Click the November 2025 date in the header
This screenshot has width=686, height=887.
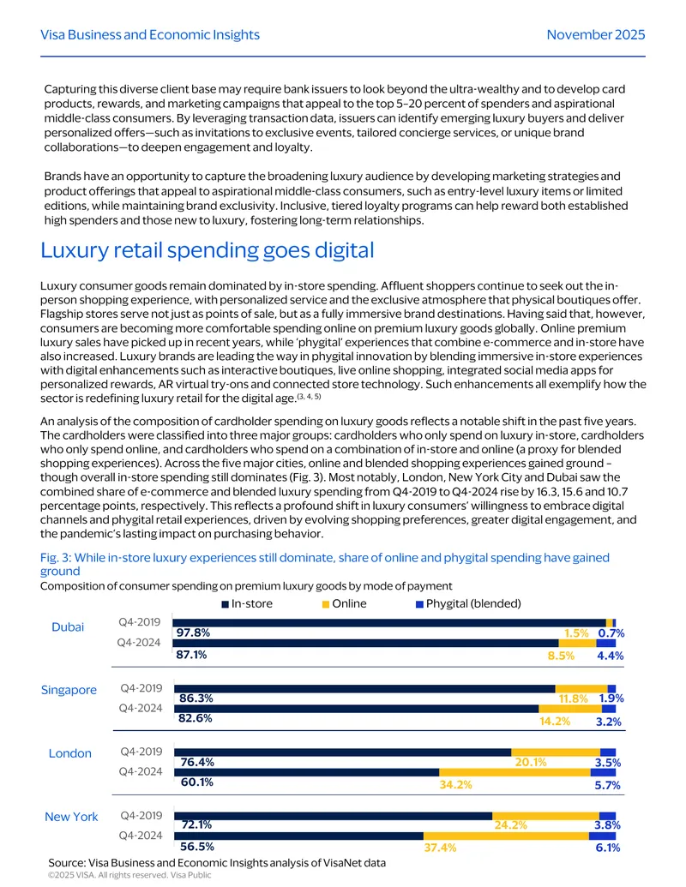[595, 34]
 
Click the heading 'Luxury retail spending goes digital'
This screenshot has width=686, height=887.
[208, 250]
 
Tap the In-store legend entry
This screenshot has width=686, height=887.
[247, 603]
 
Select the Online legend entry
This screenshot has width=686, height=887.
[344, 603]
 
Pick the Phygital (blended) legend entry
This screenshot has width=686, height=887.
[468, 603]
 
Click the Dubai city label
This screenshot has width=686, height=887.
[68, 626]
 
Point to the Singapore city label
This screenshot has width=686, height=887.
[69, 690]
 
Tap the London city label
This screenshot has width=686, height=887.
[70, 753]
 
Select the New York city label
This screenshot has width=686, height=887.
[71, 817]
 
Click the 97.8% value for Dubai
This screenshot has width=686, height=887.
[193, 632]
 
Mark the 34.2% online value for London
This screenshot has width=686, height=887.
[455, 785]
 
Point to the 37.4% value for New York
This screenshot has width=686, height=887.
[440, 848]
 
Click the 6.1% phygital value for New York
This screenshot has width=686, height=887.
[608, 848]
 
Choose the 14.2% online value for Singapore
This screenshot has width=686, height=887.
[555, 722]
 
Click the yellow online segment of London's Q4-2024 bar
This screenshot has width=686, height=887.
[514, 772]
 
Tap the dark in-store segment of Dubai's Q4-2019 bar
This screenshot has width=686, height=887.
[388, 623]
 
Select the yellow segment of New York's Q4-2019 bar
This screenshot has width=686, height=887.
[545, 816]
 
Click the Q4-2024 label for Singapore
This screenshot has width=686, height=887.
[141, 708]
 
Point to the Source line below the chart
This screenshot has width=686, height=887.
[217, 863]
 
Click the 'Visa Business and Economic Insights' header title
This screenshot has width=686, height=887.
[150, 34]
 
